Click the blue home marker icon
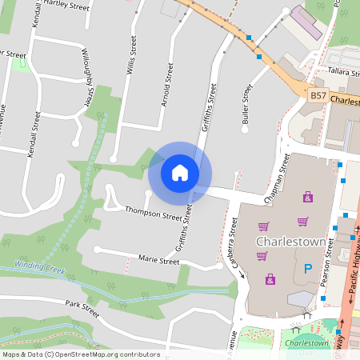click(180, 172)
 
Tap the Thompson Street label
click(154, 213)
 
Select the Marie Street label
click(158, 261)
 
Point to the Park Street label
click(82, 310)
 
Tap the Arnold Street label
click(166, 86)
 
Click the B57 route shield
click(318, 95)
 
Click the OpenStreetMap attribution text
click(81, 354)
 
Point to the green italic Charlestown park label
click(306, 343)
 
